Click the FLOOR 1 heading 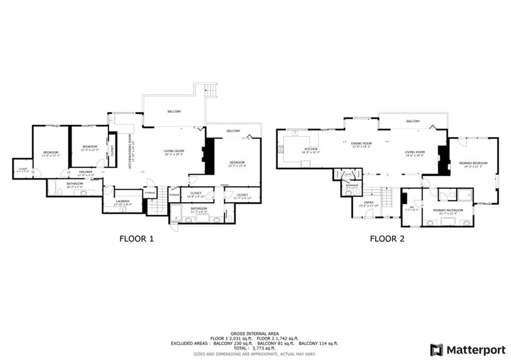pyautogui.click(x=136, y=239)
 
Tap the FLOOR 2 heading pyautogui.click(x=387, y=239)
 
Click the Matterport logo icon pyautogui.click(x=437, y=350)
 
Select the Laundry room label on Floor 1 pyautogui.click(x=122, y=201)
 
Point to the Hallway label pyautogui.click(x=85, y=172)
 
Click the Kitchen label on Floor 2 pyautogui.click(x=310, y=149)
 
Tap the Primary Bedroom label pyautogui.click(x=473, y=163)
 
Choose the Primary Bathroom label pyautogui.click(x=448, y=210)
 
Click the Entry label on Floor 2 pyautogui.click(x=369, y=202)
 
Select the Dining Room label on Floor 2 pyautogui.click(x=362, y=143)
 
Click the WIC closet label pyautogui.click(x=412, y=207)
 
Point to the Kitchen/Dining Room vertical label pyautogui.click(x=130, y=151)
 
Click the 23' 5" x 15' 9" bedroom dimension pyautogui.click(x=237, y=166)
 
